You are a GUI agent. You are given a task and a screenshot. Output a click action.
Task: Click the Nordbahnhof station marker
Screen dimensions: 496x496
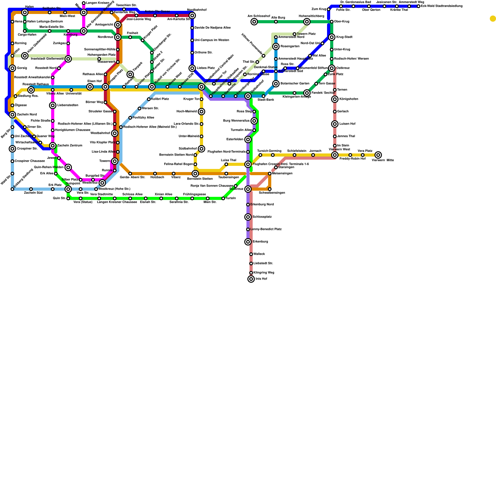[x=192, y=15]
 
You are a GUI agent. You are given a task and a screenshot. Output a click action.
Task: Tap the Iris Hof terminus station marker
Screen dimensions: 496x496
[x=251, y=279]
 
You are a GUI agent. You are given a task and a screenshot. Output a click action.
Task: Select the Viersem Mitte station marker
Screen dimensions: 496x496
[x=378, y=155]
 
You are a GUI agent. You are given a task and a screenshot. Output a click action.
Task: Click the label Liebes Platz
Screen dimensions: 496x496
[x=206, y=68]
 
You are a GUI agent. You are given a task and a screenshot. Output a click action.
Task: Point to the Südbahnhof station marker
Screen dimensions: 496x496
[x=201, y=149]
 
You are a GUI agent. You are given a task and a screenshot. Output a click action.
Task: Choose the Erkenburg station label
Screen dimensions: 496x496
[x=260, y=242]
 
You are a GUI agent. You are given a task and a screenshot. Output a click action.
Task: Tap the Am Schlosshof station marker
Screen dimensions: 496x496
[x=254, y=22]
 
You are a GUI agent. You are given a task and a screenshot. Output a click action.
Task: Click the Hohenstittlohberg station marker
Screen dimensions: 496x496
[x=307, y=22]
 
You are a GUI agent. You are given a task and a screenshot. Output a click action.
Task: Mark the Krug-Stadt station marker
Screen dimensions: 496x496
[x=332, y=37]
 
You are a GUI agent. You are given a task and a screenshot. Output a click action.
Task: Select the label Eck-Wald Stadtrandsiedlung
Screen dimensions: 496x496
[x=441, y=6]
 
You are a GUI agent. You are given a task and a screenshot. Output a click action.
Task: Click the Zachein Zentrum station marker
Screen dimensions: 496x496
[x=53, y=146]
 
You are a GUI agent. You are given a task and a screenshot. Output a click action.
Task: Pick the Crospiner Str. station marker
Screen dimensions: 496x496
[x=12, y=149]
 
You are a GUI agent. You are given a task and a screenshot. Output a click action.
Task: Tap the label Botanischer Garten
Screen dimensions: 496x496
[x=295, y=84]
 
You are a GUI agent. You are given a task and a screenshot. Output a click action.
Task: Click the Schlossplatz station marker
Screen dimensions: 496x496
[x=248, y=217]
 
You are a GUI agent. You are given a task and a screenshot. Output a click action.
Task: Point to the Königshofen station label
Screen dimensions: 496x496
[x=348, y=99]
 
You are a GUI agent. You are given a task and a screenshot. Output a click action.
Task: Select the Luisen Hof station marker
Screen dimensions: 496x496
[x=335, y=124]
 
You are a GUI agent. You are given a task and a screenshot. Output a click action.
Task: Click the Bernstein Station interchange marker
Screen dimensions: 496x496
[x=195, y=174]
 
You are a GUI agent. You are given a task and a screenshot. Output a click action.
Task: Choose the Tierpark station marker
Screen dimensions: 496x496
[x=130, y=74]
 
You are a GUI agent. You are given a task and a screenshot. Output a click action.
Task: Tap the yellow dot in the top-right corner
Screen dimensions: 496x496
[x=493, y=19]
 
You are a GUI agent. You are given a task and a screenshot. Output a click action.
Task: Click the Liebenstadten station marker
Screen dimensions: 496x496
[x=53, y=105]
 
